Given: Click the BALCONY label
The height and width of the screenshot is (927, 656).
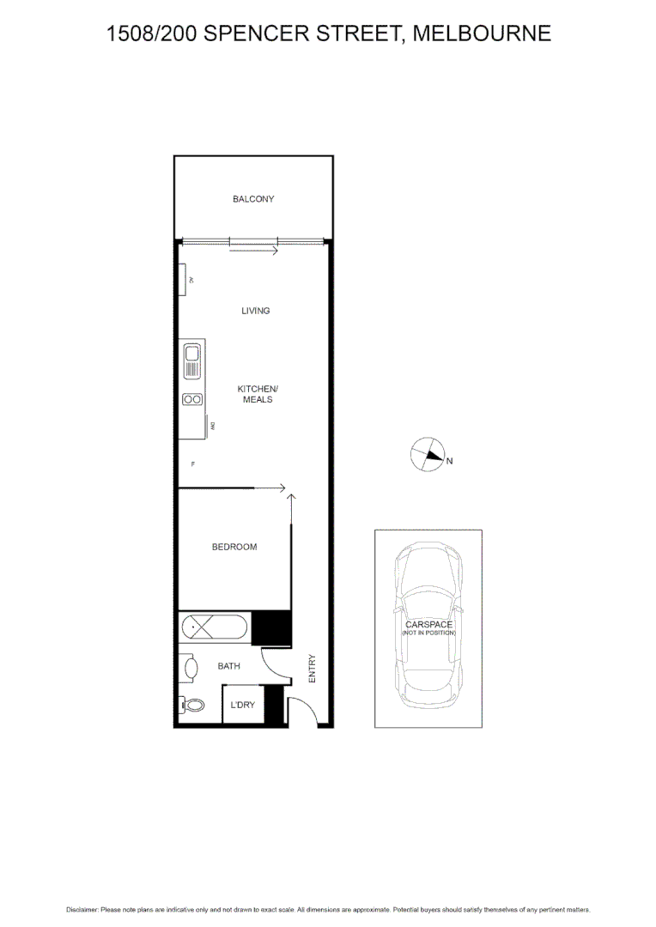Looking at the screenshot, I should tap(253, 199).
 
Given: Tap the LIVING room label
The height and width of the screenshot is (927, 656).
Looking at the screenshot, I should tap(256, 311).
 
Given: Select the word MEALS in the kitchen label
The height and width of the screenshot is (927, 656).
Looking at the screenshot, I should tap(258, 400).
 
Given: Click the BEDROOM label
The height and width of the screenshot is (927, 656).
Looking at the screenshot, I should tap(234, 547).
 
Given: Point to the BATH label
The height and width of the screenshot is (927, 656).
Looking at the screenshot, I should tap(228, 665).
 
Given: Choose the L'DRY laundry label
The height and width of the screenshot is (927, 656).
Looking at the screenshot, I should tap(242, 705).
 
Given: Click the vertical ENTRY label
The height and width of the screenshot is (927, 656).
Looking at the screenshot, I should tap(312, 669).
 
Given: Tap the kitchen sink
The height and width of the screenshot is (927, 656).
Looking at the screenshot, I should tap(192, 360).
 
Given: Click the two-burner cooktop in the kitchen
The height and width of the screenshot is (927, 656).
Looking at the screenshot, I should tap(192, 399).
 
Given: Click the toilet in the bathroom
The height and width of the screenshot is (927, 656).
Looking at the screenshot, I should tap(193, 706).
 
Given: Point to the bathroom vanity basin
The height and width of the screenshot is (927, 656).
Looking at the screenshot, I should tap(188, 667).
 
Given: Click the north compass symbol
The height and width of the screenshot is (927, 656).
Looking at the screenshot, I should tap(427, 455).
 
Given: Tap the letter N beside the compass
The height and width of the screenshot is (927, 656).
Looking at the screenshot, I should tap(449, 461).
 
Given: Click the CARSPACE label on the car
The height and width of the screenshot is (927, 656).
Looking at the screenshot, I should tap(428, 625).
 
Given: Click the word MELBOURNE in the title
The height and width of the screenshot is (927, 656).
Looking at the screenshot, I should tap(482, 33).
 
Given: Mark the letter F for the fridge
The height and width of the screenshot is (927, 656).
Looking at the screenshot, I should tap(193, 464).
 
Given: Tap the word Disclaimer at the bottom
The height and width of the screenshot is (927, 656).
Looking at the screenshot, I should tap(82, 909).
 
